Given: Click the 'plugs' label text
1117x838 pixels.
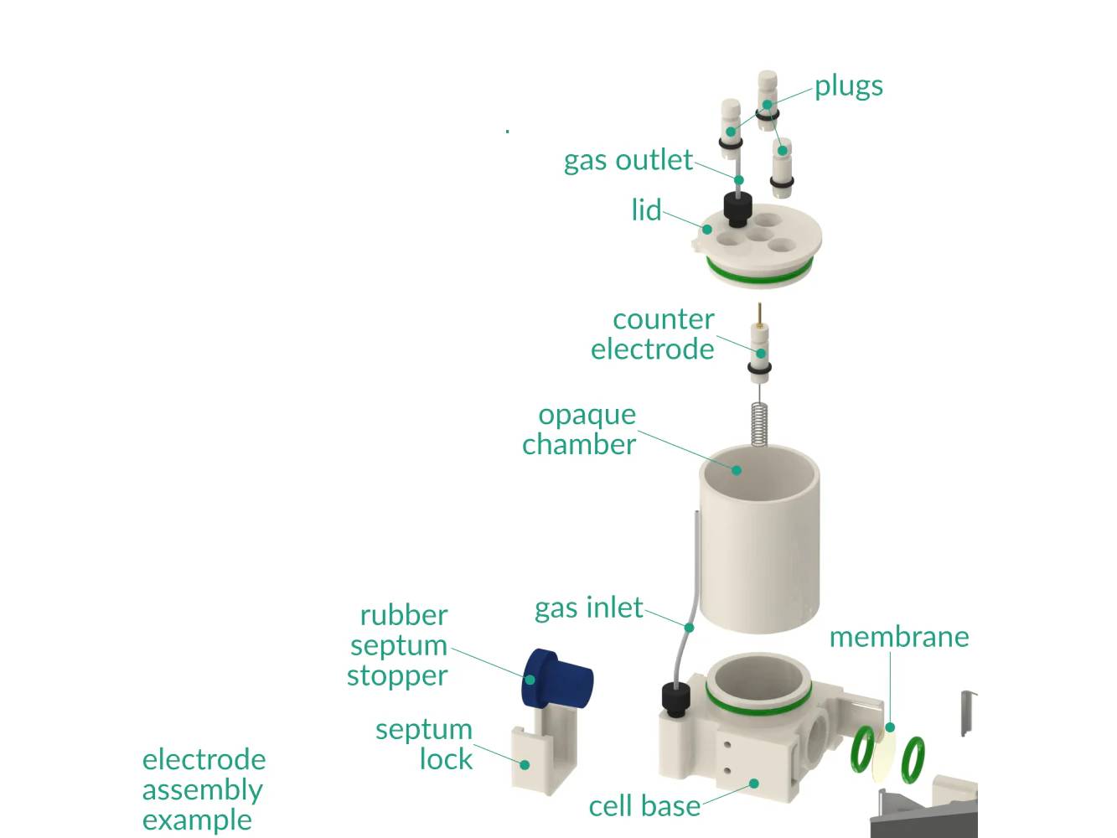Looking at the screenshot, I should (x=848, y=86).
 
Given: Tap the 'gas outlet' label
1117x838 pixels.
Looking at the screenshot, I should (x=628, y=160).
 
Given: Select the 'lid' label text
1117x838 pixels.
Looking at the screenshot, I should (x=646, y=209).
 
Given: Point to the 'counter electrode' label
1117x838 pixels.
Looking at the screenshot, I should (x=653, y=334).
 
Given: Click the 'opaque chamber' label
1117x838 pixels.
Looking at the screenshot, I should (x=579, y=429).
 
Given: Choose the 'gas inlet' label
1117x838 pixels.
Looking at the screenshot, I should (x=588, y=608).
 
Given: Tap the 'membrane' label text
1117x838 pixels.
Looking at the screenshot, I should (x=898, y=637).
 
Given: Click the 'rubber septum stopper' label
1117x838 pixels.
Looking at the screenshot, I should (x=398, y=645).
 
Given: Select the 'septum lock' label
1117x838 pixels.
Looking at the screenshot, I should (x=425, y=744).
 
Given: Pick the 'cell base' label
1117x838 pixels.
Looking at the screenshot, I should (x=644, y=806).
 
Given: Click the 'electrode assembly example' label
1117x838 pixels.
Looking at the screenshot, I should (x=204, y=789).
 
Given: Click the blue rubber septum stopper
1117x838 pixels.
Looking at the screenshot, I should (x=557, y=677).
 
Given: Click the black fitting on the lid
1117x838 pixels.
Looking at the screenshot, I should (x=737, y=207).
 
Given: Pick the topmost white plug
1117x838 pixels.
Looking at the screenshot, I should (x=768, y=96).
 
